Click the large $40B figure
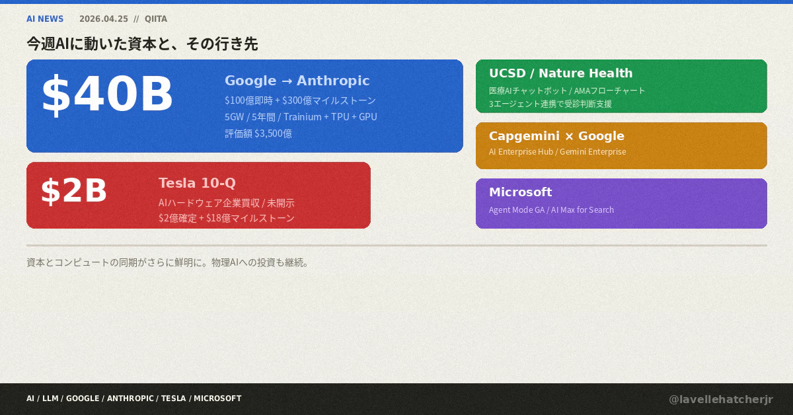coord(107,94)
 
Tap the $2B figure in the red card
coord(73,190)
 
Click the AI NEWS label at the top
coord(45,19)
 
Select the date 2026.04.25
coord(104,19)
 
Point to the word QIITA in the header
coord(156,19)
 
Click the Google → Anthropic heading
coord(297,81)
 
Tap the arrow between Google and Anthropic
coord(287,81)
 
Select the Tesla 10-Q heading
coord(197,183)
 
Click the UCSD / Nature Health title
coord(561,73)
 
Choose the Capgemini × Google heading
coord(556,136)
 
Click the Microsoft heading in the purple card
coord(521,192)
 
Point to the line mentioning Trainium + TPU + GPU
coord(301,117)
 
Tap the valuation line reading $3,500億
coord(258,133)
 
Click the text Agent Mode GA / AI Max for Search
coord(551,210)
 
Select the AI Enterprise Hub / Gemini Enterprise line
coord(558,152)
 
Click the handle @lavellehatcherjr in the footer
coord(721,399)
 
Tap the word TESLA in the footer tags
coord(173,398)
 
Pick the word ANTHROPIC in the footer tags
coord(130,398)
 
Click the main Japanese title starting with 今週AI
coord(142,44)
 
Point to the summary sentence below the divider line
coord(168,262)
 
